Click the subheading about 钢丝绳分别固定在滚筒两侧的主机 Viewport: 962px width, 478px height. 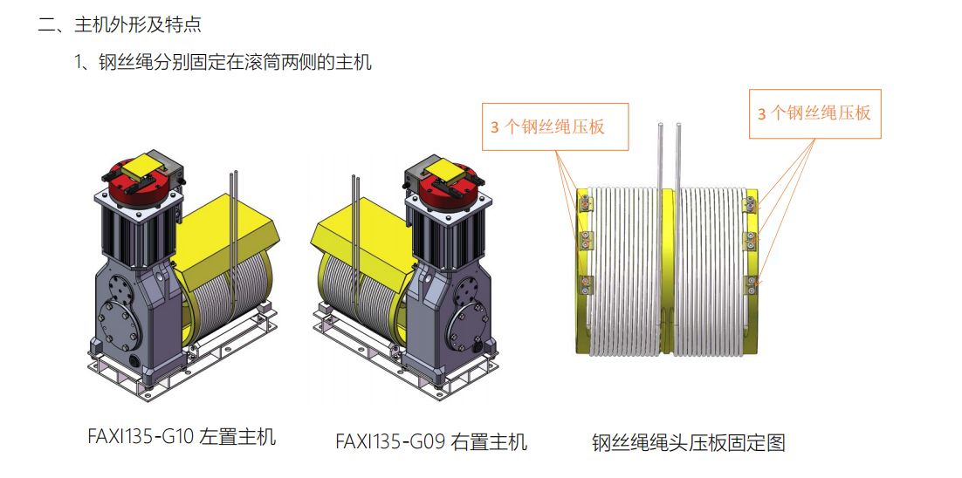click(223, 62)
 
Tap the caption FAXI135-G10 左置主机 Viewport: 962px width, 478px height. click(182, 436)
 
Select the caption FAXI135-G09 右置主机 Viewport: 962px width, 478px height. click(431, 441)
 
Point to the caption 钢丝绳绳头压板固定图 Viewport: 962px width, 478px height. click(688, 442)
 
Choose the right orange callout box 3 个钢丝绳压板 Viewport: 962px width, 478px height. click(814, 113)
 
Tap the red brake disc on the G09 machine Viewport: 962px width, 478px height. click(449, 188)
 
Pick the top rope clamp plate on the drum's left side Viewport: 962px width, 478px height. click(585, 205)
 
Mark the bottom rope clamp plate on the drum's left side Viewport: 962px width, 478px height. click(585, 282)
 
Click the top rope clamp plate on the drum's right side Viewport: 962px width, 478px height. click(748, 205)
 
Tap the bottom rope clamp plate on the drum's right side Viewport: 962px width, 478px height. click(748, 281)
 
